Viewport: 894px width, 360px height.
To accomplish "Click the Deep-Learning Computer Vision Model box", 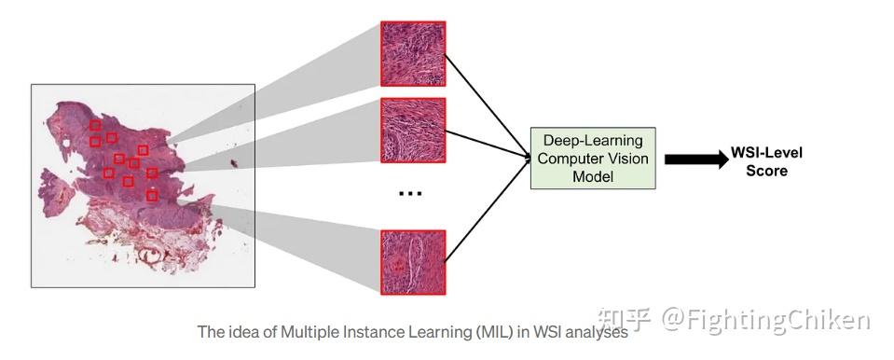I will [x=592, y=159].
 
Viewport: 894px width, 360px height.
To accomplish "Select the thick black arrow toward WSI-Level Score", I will [x=695, y=159].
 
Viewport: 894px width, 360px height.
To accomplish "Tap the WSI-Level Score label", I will [x=765, y=161].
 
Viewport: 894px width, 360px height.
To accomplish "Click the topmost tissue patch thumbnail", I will [x=413, y=53].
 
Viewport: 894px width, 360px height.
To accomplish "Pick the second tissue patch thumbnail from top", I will [x=413, y=130].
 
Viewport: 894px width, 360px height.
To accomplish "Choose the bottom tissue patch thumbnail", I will [x=413, y=262].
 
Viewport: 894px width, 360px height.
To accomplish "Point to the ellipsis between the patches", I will [x=410, y=194].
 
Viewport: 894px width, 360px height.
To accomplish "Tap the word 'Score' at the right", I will [x=765, y=171].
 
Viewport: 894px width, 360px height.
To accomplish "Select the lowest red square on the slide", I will [x=152, y=196].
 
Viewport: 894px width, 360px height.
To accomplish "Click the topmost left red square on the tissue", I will [x=95, y=125].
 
